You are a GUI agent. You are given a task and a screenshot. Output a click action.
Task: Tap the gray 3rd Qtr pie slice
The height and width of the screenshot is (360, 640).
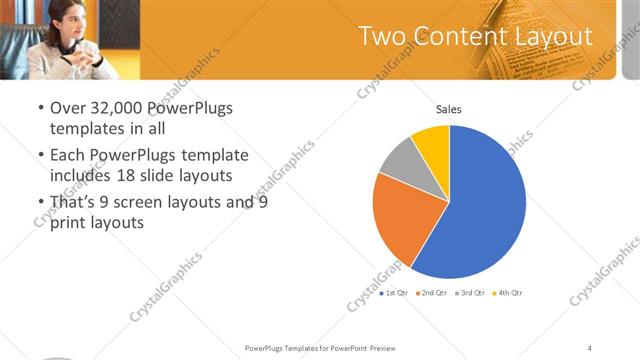click(398, 159)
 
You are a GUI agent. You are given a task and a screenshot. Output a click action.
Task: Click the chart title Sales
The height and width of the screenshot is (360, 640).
click(448, 109)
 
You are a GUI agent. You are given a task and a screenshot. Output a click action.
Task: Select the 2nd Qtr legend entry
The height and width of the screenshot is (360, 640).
click(432, 293)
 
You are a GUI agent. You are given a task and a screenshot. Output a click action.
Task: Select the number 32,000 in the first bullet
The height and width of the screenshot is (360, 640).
click(108, 108)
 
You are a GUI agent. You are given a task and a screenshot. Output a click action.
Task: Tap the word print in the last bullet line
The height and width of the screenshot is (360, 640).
click(69, 223)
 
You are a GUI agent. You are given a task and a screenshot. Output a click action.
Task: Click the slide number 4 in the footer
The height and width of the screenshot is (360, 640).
click(589, 347)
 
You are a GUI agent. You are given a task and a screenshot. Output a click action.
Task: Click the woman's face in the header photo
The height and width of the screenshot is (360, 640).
click(59, 22)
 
